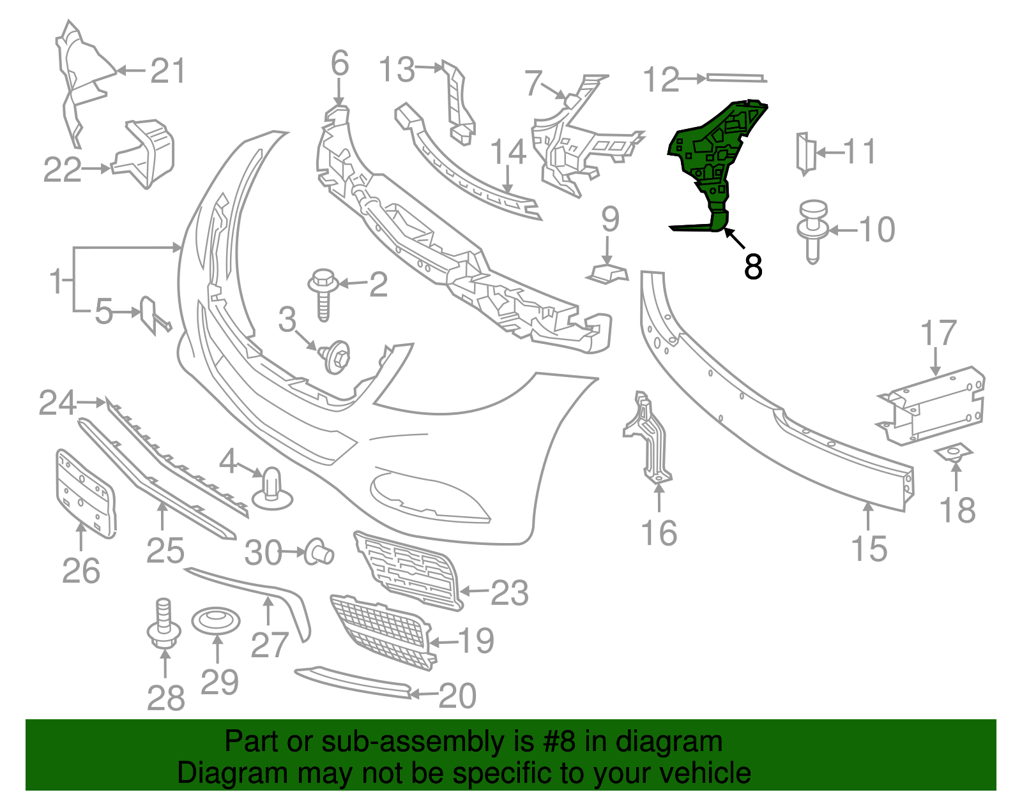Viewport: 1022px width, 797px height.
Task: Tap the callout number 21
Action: (168, 71)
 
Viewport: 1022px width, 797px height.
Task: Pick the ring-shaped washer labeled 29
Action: (217, 621)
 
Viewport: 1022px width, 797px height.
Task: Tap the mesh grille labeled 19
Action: (382, 631)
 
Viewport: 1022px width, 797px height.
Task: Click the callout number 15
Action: (869, 549)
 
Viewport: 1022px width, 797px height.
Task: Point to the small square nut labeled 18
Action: (954, 454)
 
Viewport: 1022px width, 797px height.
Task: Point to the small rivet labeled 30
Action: (319, 552)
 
